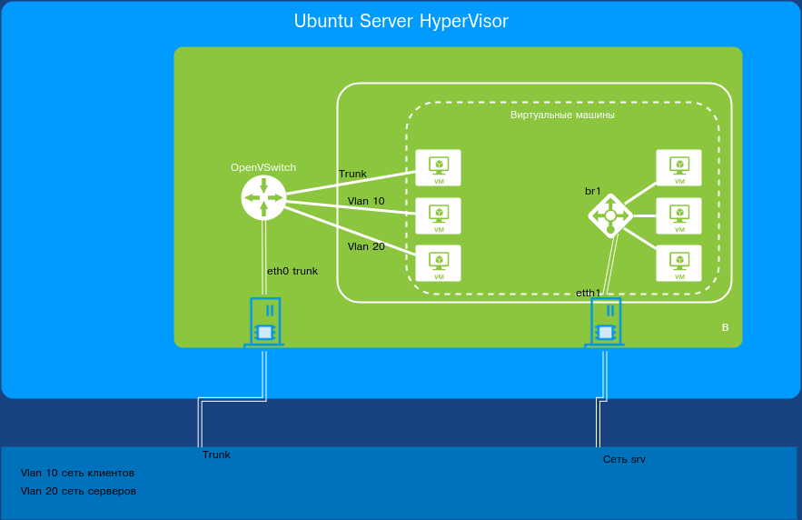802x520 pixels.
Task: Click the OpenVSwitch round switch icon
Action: pyautogui.click(x=263, y=197)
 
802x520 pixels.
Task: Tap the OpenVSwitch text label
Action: pyautogui.click(x=263, y=168)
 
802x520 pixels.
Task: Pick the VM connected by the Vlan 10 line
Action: pyautogui.click(x=438, y=216)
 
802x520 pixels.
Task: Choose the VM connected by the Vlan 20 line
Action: pyautogui.click(x=438, y=264)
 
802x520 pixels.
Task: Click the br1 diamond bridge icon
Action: pyautogui.click(x=610, y=215)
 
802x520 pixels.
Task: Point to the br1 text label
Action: pyautogui.click(x=593, y=192)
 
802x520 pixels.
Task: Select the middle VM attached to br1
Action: pyautogui.click(x=678, y=216)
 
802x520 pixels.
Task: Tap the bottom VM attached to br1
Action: pyautogui.click(x=678, y=264)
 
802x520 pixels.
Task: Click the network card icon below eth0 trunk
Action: pyautogui.click(x=264, y=323)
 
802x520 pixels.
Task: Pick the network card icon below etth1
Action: pyautogui.click(x=606, y=323)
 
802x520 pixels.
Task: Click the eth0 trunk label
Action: pyautogui.click(x=292, y=271)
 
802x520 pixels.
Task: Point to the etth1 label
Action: pyautogui.click(x=589, y=293)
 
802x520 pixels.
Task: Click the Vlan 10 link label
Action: pyautogui.click(x=366, y=201)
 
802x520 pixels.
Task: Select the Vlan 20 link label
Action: pyautogui.click(x=366, y=246)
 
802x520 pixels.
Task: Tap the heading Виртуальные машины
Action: pyautogui.click(x=562, y=115)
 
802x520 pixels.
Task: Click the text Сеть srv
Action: pyautogui.click(x=624, y=460)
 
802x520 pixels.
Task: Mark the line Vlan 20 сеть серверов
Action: pyautogui.click(x=78, y=491)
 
